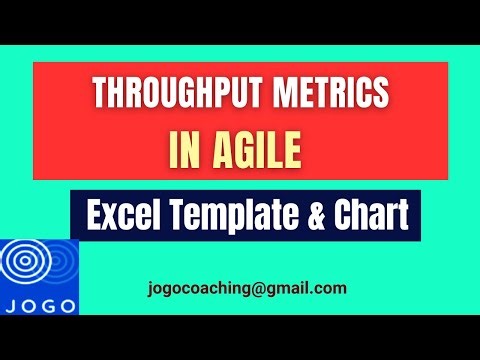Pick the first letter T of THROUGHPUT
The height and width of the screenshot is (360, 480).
point(99,94)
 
